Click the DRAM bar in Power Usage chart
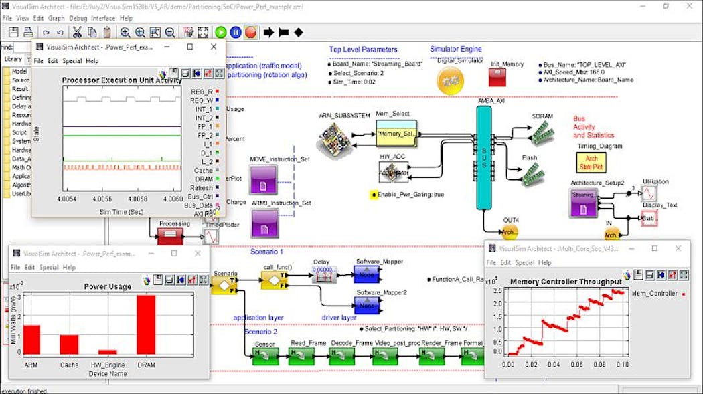146,325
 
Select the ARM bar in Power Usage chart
32,339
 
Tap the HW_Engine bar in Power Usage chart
107,351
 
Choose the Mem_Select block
396,134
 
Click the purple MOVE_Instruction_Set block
264,179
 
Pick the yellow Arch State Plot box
591,162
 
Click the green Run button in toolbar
220,31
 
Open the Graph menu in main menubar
56,18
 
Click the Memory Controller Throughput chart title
566,282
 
